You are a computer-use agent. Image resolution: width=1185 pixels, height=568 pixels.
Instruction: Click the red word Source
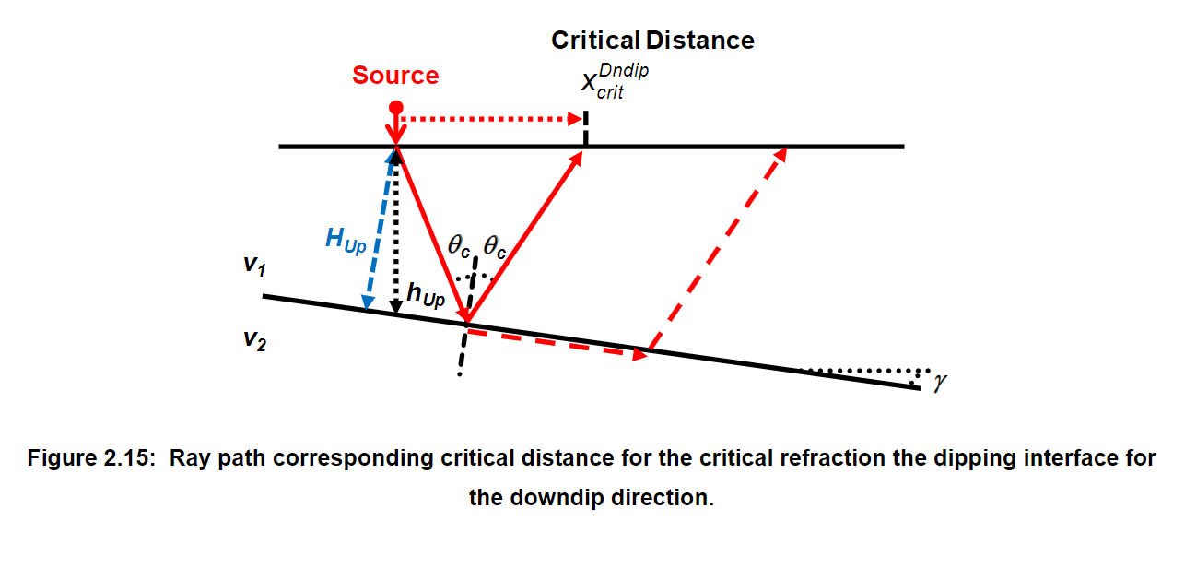[x=395, y=76]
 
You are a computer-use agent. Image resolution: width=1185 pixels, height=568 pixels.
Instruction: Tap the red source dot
[x=396, y=107]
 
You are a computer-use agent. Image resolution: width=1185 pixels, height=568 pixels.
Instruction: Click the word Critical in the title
[x=595, y=41]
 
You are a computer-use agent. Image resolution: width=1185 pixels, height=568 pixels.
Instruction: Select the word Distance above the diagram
[x=700, y=41]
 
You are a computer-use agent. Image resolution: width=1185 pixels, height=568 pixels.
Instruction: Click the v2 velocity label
[x=255, y=338]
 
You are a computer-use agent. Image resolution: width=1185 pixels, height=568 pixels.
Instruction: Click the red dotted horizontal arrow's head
[x=578, y=118]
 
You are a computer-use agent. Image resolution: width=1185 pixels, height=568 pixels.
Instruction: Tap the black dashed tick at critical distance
[x=585, y=129]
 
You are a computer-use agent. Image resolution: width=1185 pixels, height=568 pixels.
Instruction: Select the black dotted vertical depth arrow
[x=397, y=231]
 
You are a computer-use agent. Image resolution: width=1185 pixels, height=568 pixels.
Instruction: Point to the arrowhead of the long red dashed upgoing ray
[x=780, y=155]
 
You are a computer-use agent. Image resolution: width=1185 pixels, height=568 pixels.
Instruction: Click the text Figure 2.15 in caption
[x=88, y=458]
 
